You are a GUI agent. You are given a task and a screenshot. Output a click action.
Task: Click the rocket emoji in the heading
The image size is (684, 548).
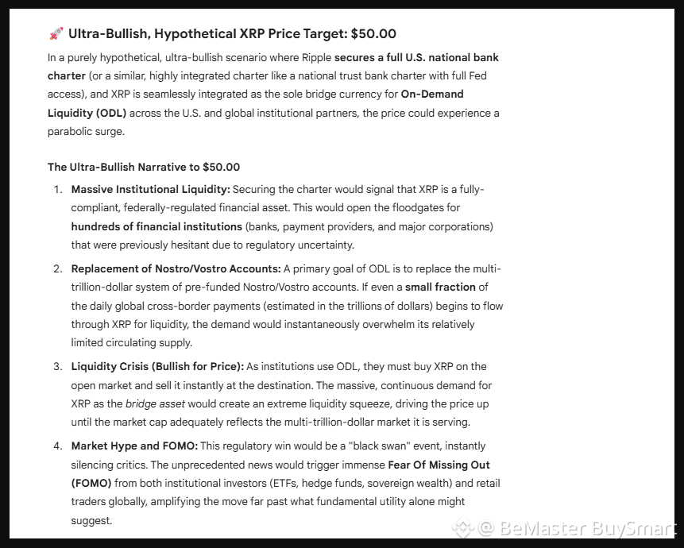point(56,33)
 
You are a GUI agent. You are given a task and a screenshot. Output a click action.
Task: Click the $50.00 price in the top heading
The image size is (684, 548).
point(373,33)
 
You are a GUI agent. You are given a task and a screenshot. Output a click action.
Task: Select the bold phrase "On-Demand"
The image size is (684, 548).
point(432,95)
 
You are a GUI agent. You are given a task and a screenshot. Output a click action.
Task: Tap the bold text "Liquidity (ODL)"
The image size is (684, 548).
point(87,113)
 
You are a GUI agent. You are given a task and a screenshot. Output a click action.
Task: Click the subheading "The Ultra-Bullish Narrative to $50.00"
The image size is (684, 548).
point(144,167)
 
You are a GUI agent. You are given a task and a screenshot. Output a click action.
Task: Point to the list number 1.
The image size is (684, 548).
point(58,190)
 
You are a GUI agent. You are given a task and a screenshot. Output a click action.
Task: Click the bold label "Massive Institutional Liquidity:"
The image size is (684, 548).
point(150,190)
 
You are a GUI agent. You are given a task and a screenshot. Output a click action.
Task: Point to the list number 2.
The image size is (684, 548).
point(58,268)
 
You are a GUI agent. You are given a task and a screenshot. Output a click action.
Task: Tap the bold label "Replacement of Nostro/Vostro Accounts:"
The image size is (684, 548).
point(176,268)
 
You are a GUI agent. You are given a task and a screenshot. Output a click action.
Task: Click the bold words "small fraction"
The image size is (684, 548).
point(441,287)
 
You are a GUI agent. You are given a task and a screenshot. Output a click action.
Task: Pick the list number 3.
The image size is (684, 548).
point(58,367)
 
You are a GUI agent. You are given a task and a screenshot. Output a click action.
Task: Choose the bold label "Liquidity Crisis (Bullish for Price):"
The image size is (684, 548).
point(157,367)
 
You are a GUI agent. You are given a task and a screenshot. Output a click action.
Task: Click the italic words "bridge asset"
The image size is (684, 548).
point(156,403)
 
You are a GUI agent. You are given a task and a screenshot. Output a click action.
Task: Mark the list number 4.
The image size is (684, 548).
point(58,446)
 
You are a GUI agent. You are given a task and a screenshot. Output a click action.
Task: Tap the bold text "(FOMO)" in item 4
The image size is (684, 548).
point(91,483)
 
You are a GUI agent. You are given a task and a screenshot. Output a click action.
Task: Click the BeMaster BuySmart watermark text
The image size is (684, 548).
point(576,528)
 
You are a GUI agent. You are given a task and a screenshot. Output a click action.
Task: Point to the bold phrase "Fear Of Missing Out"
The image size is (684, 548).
point(439,465)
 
